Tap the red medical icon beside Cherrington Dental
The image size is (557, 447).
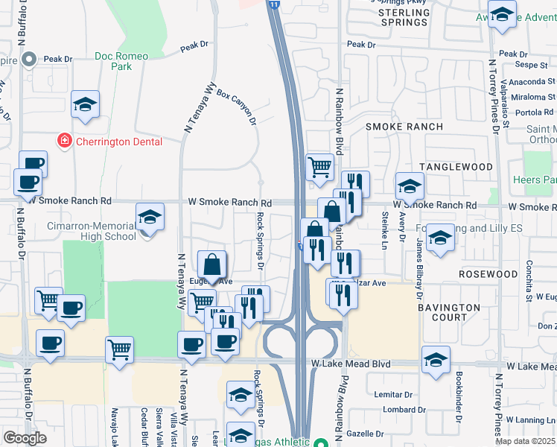tap(64, 140)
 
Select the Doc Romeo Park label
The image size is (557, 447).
tap(121, 61)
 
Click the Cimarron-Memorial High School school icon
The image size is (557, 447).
tap(150, 217)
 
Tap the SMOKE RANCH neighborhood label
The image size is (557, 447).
tap(404, 127)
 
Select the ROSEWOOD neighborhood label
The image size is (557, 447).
tap(488, 274)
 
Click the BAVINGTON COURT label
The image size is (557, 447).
tap(449, 312)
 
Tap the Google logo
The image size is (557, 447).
tap(25, 438)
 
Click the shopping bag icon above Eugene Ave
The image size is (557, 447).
tap(212, 264)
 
